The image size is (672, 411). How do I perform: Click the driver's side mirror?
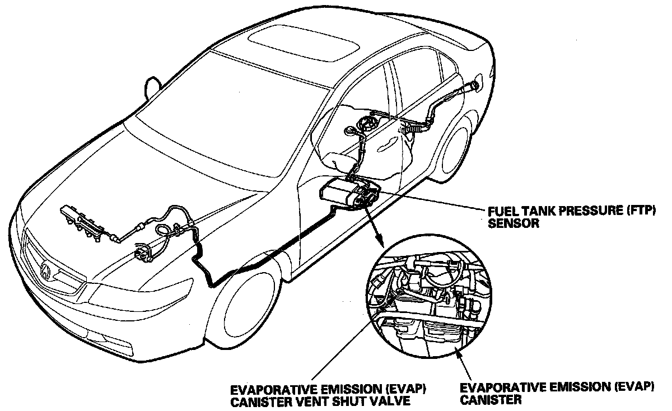click(151, 87)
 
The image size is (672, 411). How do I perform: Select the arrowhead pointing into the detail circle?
click(382, 244)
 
